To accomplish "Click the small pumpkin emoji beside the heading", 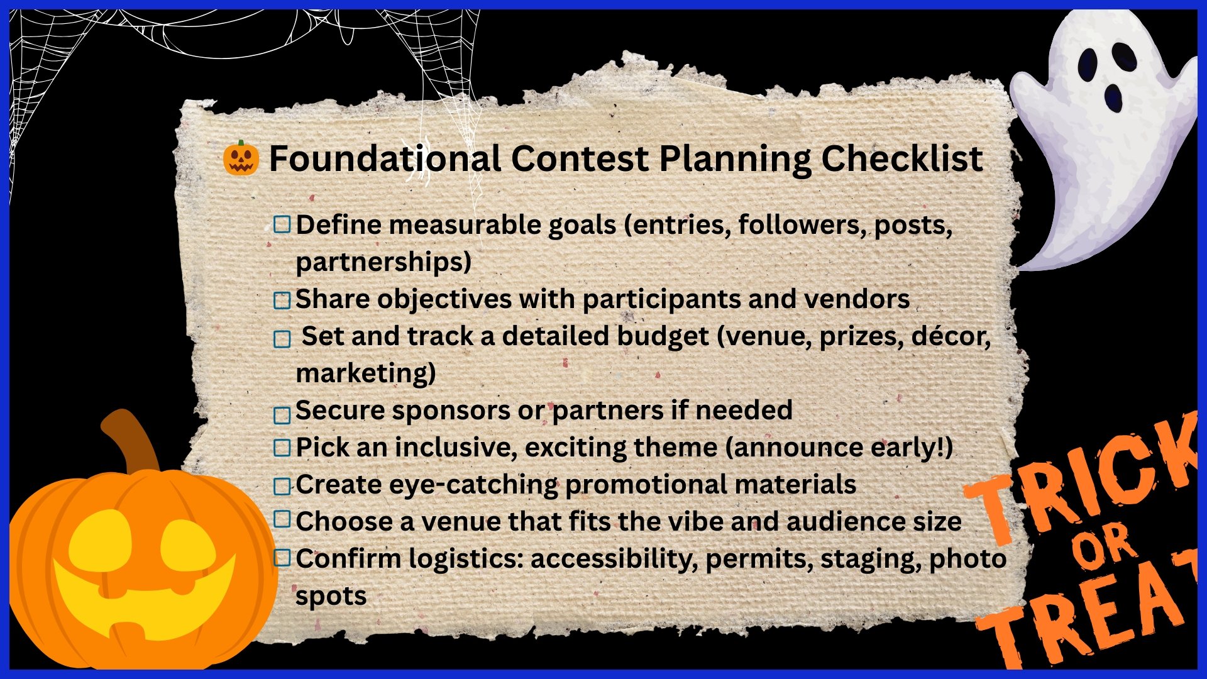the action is [241, 158].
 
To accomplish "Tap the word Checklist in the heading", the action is [902, 158].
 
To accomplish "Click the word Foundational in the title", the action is [385, 158].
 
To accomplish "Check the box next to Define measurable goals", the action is [282, 224].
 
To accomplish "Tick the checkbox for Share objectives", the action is [282, 300].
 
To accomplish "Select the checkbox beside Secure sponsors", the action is [282, 415].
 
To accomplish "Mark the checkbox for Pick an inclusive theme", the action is [282, 448].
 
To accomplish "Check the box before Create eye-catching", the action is [282, 486].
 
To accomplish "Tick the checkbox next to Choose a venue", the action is [282, 519].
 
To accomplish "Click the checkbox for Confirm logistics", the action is [282, 557].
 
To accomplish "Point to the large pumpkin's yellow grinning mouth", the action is [145, 597].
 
